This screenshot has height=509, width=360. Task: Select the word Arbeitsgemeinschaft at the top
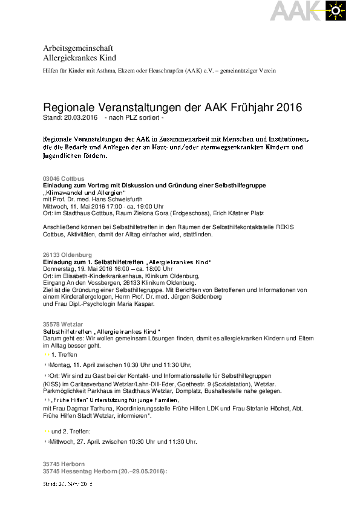coord(78,48)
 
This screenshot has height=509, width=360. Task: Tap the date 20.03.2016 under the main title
coord(79,117)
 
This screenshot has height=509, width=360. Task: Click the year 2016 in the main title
coord(289,108)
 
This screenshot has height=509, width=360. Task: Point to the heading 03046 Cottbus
coord(64,178)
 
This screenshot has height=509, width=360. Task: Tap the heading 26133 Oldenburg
coord(67,255)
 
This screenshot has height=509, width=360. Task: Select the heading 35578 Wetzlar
coord(63,325)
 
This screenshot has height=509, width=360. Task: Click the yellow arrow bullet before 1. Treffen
coord(47,354)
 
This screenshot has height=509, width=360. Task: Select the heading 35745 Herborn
coord(63,463)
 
